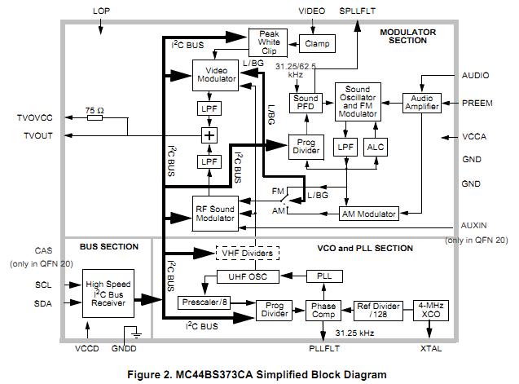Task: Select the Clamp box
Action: (317, 42)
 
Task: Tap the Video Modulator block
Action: (215, 75)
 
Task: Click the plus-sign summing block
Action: (209, 135)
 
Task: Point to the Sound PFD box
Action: (306, 104)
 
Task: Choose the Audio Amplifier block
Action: (422, 104)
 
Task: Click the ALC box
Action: (376, 146)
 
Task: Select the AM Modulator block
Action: (367, 214)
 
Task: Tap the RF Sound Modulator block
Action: (215, 214)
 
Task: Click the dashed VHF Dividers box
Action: (246, 254)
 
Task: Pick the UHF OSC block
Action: (246, 277)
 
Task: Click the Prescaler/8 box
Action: (204, 302)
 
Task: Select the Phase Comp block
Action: (324, 311)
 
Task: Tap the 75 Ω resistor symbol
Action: (95, 117)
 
